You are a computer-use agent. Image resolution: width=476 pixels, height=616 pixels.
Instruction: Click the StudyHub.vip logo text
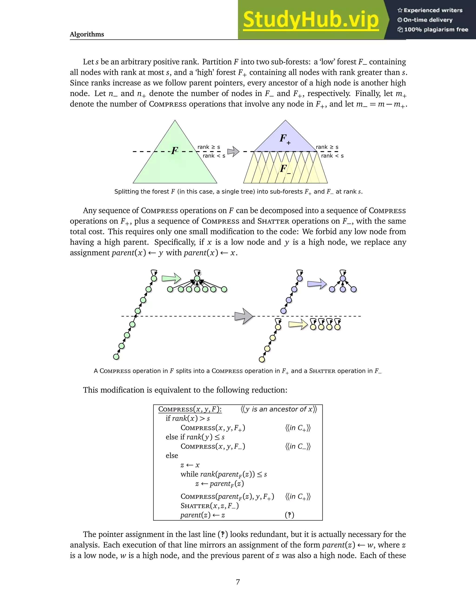point(311,20)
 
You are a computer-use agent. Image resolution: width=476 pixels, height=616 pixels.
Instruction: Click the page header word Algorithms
point(87,34)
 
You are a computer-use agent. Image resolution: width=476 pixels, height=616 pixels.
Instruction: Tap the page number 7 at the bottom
point(238,582)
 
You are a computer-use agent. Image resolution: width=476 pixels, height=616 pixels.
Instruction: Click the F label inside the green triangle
point(175,150)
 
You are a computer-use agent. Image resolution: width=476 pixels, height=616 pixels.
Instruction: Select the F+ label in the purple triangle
point(284,139)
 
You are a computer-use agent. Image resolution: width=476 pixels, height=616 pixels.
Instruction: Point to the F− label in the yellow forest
point(284,169)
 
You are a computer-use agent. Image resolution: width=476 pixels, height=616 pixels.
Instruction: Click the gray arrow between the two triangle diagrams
point(233,152)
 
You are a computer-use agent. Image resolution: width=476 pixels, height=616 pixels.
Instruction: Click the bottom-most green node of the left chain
point(116,357)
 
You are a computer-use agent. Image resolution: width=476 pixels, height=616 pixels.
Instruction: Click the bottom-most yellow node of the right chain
point(262,359)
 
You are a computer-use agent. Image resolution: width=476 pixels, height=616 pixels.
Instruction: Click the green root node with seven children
point(197,279)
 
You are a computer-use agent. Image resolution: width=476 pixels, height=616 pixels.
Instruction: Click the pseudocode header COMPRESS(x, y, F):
point(190,409)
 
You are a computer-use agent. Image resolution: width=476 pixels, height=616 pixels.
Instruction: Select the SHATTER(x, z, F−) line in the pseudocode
point(209,506)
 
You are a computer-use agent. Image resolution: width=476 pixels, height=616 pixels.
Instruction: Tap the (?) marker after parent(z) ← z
point(289,515)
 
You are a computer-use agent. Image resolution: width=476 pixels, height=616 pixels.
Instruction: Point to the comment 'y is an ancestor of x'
point(279,409)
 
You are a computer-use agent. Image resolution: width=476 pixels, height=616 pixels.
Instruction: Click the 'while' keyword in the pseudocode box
point(189,474)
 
